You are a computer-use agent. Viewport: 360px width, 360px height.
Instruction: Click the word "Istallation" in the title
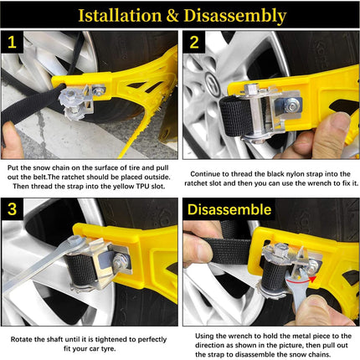point(120,15)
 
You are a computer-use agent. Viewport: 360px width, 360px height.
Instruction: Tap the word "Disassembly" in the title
point(235,16)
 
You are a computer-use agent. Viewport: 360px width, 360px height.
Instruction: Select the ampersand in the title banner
point(172,16)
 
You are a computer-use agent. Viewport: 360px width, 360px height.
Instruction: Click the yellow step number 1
point(12,43)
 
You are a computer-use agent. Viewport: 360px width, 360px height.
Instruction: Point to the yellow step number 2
point(194,43)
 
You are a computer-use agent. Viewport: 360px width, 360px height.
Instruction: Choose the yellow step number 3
point(12,208)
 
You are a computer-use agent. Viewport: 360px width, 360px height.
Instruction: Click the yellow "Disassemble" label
point(229,209)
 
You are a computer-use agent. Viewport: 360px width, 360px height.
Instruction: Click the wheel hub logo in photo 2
point(212,81)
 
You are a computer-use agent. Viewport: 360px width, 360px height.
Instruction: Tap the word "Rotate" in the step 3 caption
point(22,339)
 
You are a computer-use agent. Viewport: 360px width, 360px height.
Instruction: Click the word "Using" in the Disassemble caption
point(204,337)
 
